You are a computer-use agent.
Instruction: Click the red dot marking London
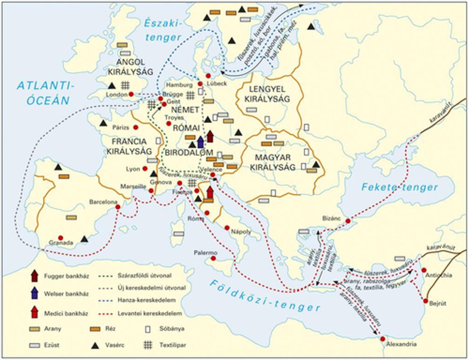click(131, 94)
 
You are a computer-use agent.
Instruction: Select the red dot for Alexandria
click(382, 339)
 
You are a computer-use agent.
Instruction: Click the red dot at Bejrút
click(425, 301)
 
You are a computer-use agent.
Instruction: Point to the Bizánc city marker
click(348, 221)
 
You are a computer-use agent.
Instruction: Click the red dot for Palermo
click(213, 258)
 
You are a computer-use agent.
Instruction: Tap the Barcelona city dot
click(118, 207)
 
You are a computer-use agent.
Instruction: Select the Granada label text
click(61, 243)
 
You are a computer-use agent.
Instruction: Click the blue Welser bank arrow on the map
click(200, 142)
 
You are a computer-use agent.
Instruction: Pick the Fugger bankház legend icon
click(35, 276)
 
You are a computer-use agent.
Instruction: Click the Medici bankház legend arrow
click(35, 312)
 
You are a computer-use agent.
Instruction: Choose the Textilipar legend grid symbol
click(148, 344)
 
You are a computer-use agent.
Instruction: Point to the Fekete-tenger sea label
click(399, 187)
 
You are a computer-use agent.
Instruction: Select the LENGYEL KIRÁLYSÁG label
click(267, 94)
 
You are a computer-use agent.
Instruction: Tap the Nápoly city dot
click(227, 228)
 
